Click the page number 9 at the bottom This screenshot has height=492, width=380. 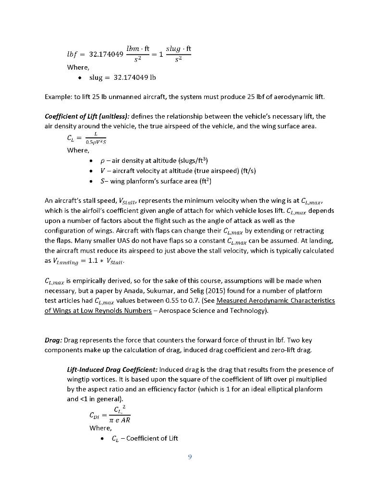pos(190,457)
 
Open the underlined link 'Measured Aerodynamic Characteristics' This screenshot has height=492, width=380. pos(276,301)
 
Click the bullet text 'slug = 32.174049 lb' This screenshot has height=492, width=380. pos(123,77)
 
